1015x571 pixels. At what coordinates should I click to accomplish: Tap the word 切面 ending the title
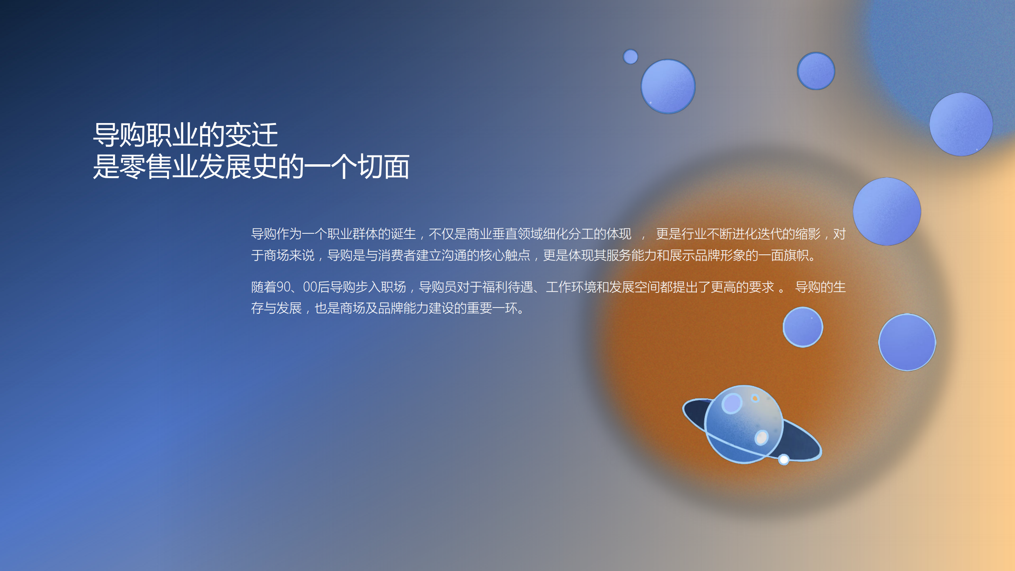point(384,167)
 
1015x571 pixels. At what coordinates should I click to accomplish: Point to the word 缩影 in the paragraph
point(808,234)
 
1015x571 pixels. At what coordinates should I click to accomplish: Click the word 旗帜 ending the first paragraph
point(796,255)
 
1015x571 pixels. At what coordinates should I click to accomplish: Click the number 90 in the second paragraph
point(283,287)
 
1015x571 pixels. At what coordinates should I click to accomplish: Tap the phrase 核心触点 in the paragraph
point(505,255)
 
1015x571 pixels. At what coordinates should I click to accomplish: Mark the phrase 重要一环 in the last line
point(492,308)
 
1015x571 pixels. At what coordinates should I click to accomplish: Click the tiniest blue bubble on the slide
point(630,56)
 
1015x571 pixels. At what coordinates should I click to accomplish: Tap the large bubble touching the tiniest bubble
point(668,87)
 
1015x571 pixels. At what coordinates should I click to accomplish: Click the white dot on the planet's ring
point(783,459)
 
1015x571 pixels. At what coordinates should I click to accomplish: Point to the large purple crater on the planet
point(732,404)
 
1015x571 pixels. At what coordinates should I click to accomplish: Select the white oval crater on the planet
point(762,437)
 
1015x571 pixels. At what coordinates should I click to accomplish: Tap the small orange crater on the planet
point(755,398)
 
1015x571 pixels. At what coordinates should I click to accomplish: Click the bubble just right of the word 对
point(886,211)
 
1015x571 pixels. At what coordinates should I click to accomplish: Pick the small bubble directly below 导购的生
point(803,327)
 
